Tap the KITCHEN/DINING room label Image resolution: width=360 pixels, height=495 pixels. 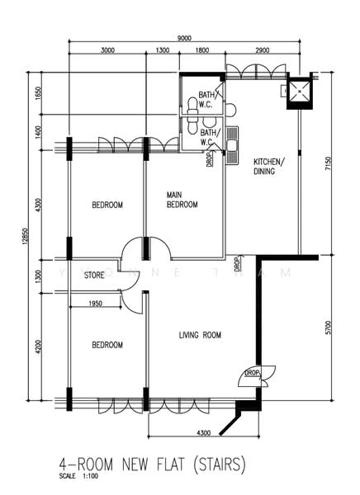point(268,166)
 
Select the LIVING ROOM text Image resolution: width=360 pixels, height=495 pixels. point(201,335)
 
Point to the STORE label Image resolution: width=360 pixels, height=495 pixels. point(94,276)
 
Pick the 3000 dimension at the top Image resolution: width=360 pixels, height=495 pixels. point(107,51)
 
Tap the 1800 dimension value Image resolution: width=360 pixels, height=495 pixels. point(201,51)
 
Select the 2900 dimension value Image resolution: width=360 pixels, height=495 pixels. point(262,51)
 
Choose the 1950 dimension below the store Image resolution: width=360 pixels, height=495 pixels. point(95,304)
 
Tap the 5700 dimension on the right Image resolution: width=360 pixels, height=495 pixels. point(329,332)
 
